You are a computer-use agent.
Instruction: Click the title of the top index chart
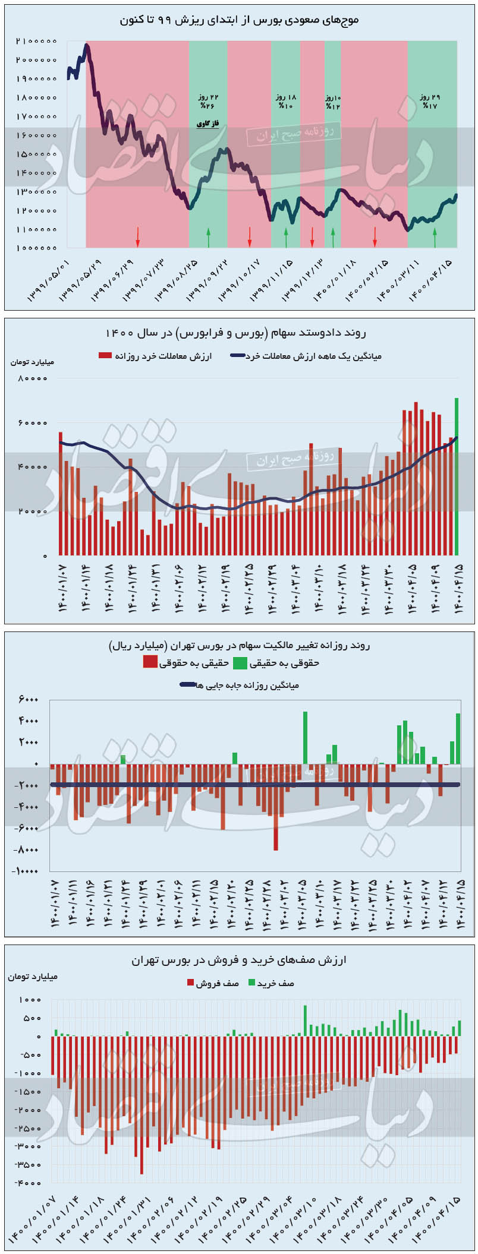pyautogui.click(x=240, y=20)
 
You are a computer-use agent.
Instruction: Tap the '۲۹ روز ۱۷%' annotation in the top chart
pyautogui.click(x=429, y=101)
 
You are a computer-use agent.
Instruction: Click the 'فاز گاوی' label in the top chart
pyautogui.click(x=208, y=124)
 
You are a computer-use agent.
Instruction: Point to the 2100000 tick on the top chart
pyautogui.click(x=36, y=41)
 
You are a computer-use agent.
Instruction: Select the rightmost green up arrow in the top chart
pyautogui.click(x=435, y=238)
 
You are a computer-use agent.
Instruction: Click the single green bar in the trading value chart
pyautogui.click(x=457, y=475)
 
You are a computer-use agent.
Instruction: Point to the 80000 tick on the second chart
pyautogui.click(x=36, y=378)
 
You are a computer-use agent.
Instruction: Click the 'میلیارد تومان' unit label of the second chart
pyautogui.click(x=32, y=361)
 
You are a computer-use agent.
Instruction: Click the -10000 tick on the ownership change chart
pyautogui.click(x=25, y=871)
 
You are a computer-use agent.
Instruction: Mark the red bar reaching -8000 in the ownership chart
pyautogui.click(x=276, y=808)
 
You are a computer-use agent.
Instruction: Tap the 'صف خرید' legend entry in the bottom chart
pyautogui.click(x=271, y=983)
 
